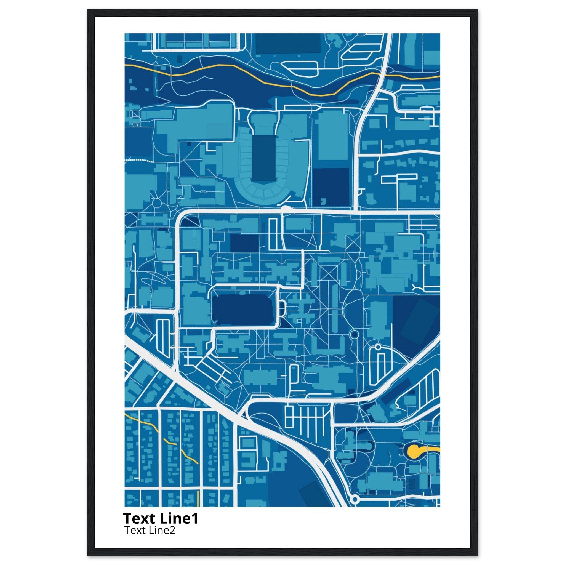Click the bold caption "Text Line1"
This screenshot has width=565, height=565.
coord(161,518)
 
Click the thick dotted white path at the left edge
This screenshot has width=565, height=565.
coord(139,160)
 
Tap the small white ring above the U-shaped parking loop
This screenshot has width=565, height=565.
coord(378,347)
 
